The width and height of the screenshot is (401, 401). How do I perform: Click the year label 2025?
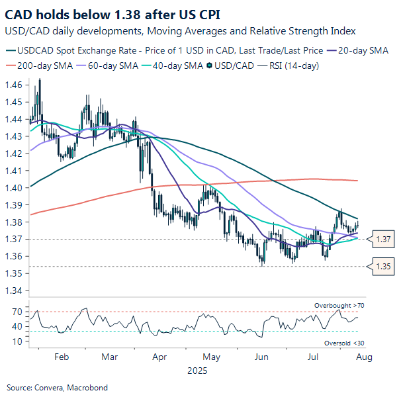click(x=197, y=371)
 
